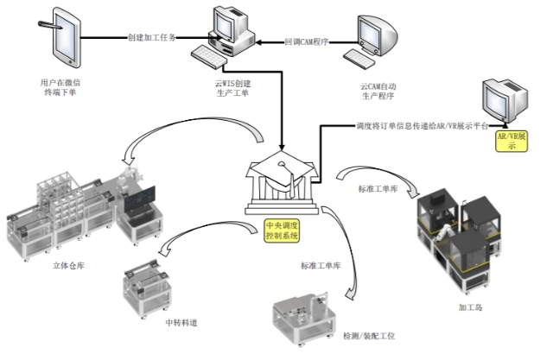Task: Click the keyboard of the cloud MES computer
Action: click(211, 58)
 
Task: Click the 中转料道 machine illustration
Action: click(152, 281)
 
